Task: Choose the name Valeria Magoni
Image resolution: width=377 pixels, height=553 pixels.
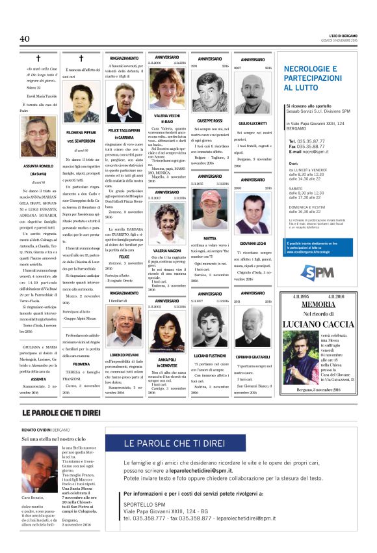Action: coord(167,250)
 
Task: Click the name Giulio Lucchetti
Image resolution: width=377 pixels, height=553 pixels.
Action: coord(253,122)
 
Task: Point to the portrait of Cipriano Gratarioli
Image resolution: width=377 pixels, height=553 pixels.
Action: coord(253,326)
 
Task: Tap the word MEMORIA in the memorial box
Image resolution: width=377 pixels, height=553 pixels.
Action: coord(318,304)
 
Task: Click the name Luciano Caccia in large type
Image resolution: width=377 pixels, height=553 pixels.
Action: coord(318,324)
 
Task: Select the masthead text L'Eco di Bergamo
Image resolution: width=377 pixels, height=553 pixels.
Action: coord(337,35)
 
